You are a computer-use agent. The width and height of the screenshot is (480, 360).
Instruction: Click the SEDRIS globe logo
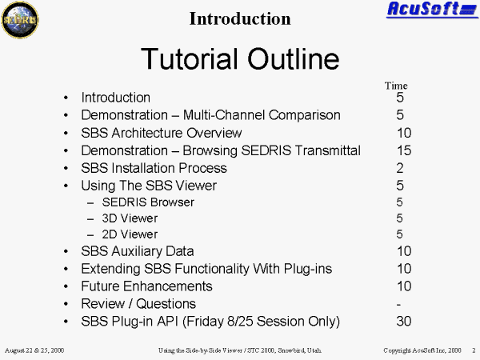click(20, 20)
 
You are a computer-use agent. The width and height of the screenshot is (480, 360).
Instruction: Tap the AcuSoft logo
click(432, 10)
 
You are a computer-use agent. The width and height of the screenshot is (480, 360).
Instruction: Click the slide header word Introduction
click(240, 18)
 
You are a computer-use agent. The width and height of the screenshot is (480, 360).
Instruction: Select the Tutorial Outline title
click(240, 58)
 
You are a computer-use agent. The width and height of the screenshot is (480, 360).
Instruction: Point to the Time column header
click(396, 86)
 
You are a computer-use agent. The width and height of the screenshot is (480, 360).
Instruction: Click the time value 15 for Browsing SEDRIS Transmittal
click(404, 150)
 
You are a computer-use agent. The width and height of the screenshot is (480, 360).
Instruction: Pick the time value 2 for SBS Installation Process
click(400, 168)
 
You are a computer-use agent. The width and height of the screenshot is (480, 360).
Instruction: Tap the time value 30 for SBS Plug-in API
click(404, 321)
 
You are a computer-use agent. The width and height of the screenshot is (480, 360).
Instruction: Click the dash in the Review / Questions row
click(398, 305)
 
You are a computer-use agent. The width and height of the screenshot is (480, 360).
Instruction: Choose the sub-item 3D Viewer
click(130, 218)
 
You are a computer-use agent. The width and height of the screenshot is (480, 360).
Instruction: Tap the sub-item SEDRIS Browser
click(148, 202)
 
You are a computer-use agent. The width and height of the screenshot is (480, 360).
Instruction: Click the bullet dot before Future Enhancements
click(66, 286)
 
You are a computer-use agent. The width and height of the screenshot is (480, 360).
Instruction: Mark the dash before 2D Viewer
click(90, 235)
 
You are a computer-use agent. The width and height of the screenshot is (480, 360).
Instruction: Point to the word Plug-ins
click(308, 269)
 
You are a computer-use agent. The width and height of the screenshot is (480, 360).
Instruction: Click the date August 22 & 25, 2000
click(34, 350)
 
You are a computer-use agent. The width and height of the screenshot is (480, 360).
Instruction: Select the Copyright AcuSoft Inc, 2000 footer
click(422, 350)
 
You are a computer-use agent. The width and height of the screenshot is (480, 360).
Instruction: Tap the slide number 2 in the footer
click(474, 350)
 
